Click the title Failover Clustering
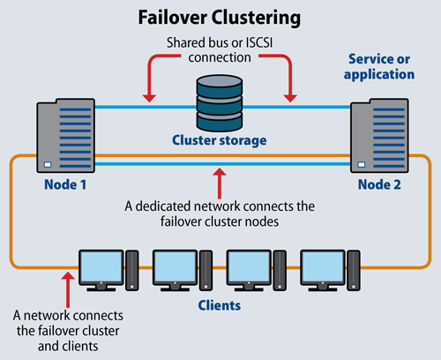pos(220,17)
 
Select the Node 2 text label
pos(377,187)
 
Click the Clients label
pos(220,304)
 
